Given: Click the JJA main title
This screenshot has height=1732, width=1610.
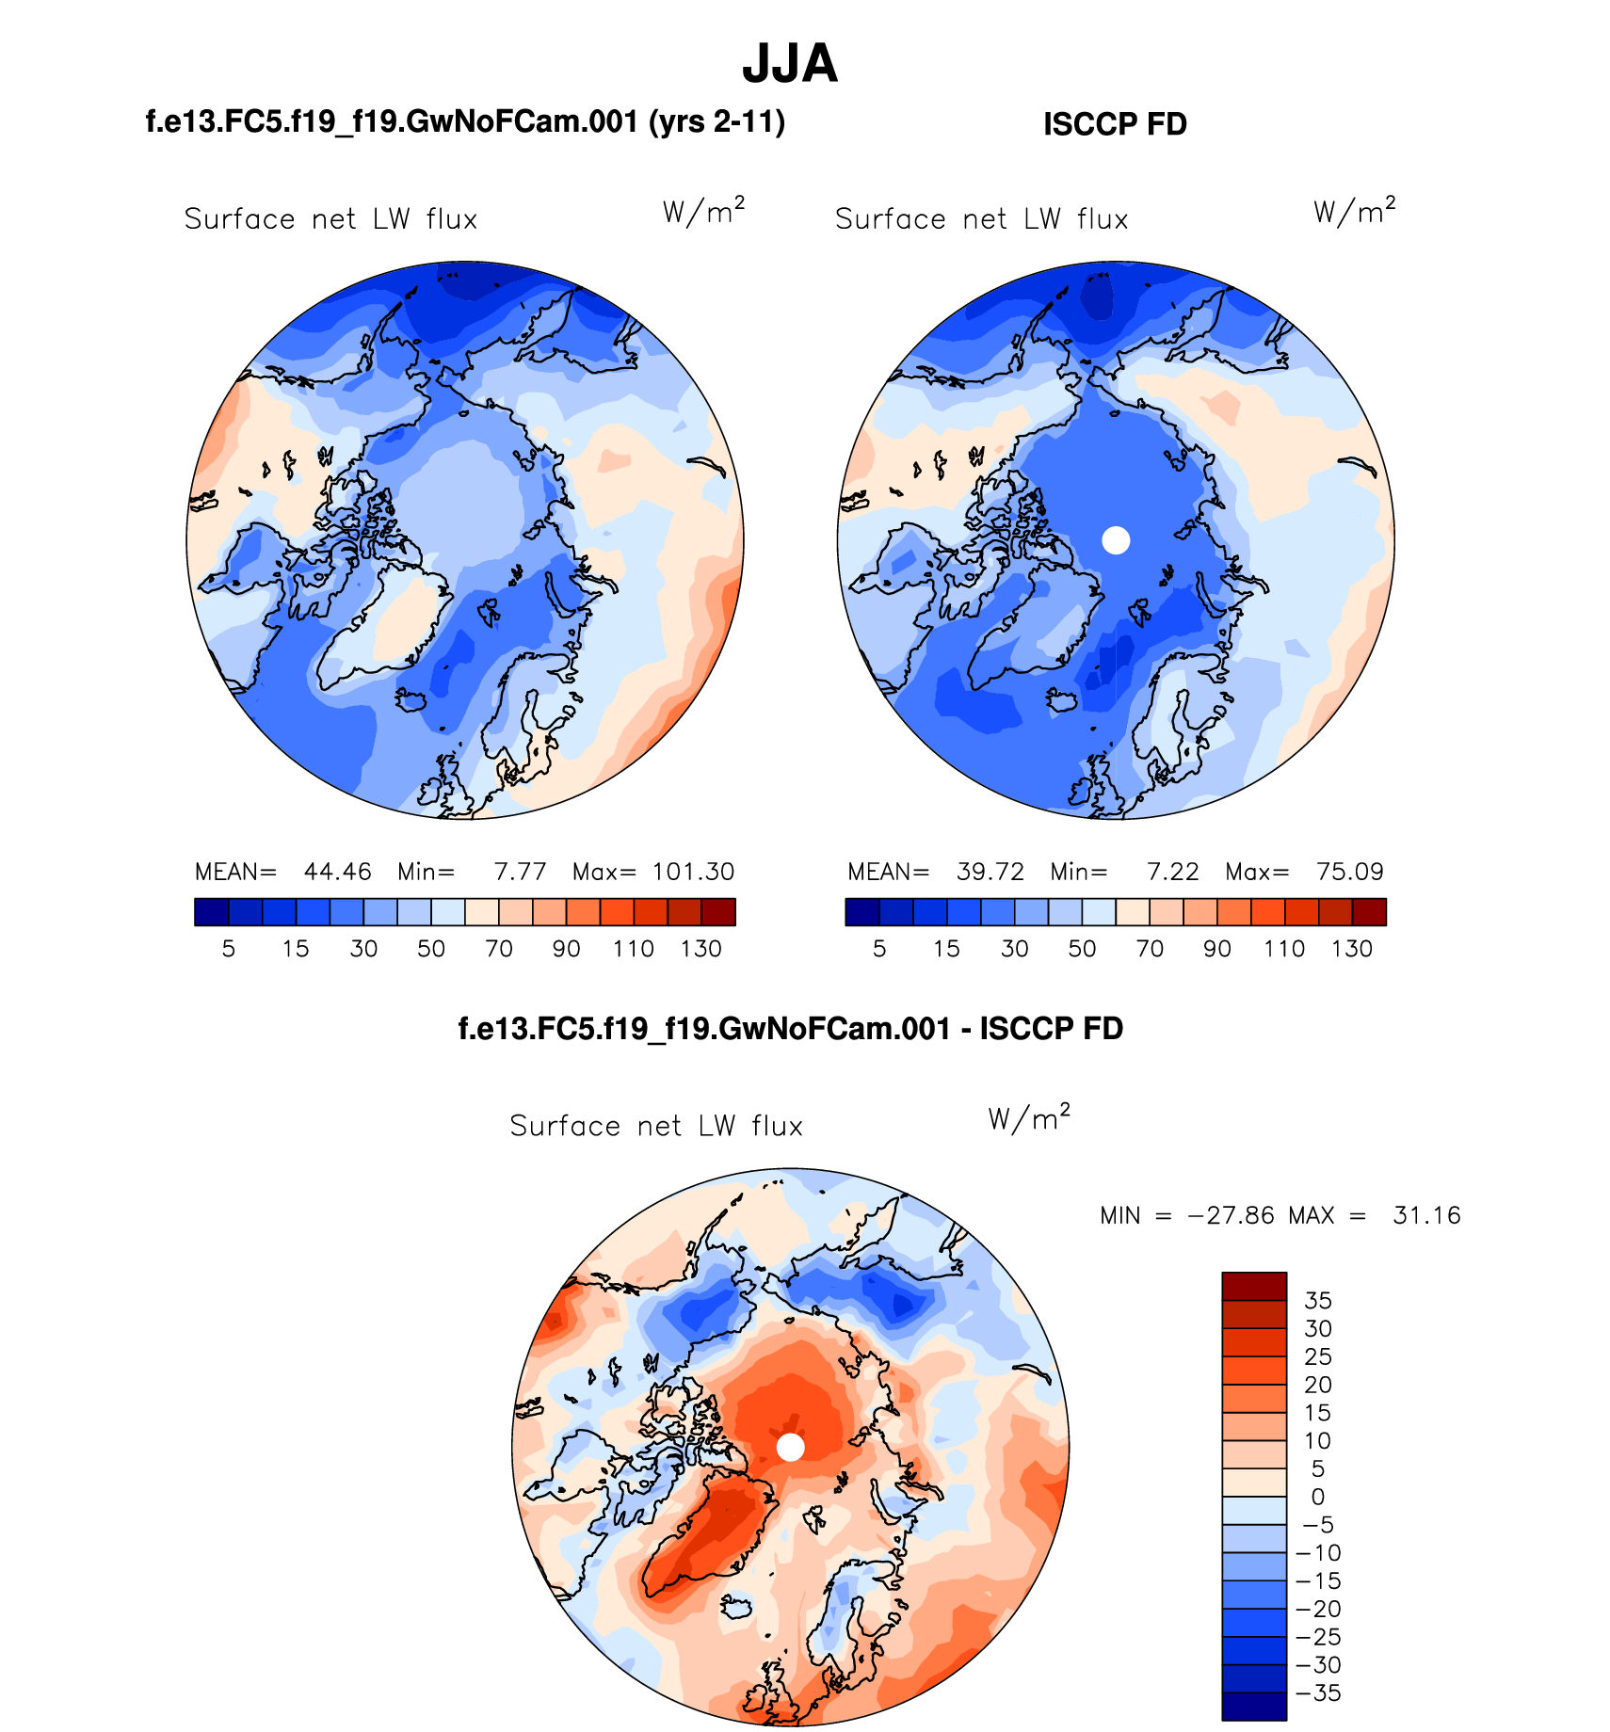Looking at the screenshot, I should pos(789,64).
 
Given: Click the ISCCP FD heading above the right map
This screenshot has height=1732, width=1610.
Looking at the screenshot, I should pos(1115,124).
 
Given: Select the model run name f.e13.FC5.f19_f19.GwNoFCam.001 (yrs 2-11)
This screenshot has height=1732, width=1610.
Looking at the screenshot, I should pos(465,122).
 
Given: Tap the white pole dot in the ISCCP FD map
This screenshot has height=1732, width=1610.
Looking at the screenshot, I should pos(1116,540).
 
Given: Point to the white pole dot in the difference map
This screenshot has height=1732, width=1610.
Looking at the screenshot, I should pos(791,1448).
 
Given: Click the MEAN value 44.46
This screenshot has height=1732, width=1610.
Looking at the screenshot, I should pos(337,872).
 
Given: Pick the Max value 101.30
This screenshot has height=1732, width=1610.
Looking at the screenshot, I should pos(693,872).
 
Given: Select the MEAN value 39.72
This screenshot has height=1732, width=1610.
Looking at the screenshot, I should pos(990,872).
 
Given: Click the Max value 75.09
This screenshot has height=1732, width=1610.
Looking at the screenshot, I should pos(1350,872).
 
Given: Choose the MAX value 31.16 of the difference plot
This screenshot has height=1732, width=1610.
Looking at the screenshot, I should pos(1426,1216).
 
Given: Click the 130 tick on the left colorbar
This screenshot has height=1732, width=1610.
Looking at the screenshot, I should pos(700,949).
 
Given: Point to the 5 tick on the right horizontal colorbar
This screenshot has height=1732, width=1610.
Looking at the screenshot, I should pos(879,949).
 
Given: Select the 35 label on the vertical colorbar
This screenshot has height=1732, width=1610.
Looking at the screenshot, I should pos(1318,1301).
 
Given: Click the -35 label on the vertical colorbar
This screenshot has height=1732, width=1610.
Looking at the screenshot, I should pos(1318,1693).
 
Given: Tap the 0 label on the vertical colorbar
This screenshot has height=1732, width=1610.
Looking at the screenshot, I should pos(1318,1497).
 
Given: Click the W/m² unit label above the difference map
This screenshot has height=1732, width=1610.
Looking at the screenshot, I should pos(1029,1118).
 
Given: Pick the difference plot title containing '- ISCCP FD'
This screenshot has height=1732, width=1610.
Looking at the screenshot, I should pos(791,1029).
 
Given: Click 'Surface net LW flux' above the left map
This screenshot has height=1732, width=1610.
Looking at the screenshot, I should pos(330,219).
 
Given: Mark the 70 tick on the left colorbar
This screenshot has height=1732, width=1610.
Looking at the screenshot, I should pos(499,949).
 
